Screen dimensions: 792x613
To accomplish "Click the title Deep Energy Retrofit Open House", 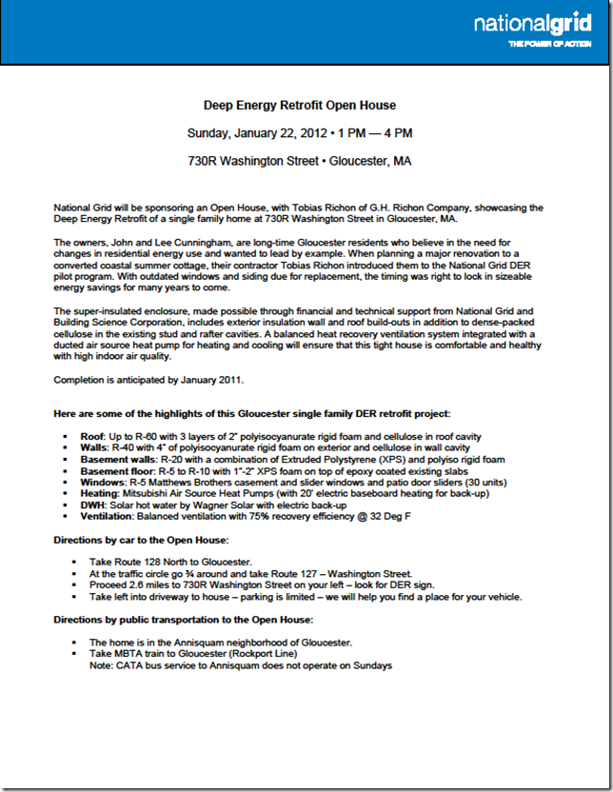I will [x=300, y=105].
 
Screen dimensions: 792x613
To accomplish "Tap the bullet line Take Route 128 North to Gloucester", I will [x=170, y=563].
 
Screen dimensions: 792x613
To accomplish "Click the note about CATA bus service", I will [x=240, y=665].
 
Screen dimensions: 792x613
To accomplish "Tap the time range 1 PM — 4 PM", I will [x=376, y=132].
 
